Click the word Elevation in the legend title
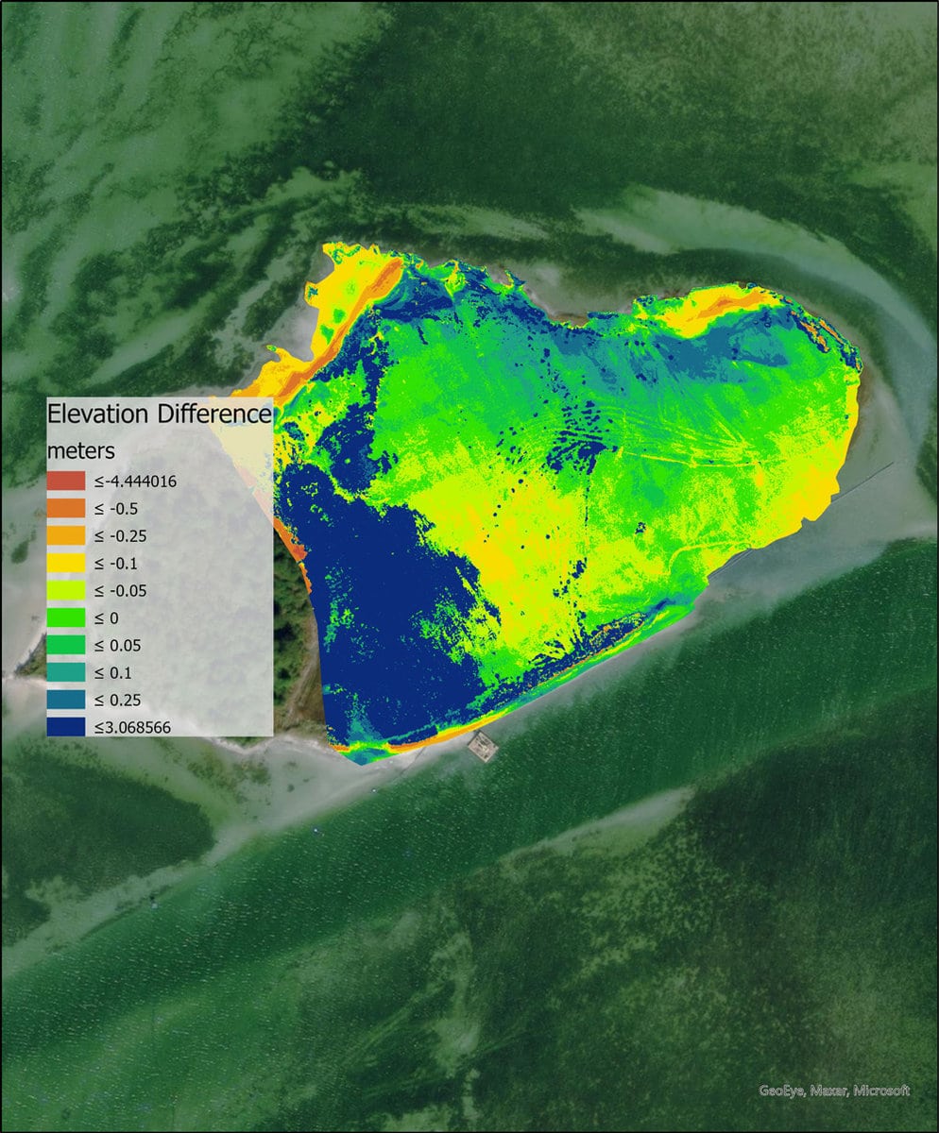98,414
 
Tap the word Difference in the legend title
213,414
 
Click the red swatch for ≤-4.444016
67,481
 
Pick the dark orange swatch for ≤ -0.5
67,508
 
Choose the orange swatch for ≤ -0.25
67,535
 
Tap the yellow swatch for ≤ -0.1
67,563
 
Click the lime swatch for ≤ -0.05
67,590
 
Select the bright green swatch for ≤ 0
67,617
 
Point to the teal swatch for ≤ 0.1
67,672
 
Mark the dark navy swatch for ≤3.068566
67,727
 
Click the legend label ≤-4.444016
135,482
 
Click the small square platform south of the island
482,746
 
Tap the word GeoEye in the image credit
781,1091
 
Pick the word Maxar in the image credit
828,1091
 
